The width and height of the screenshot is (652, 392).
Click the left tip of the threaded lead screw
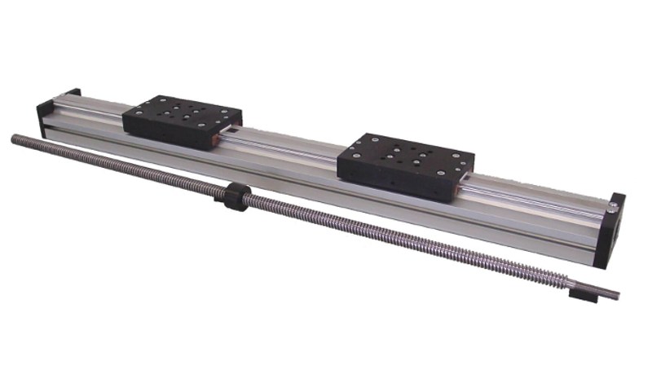15,139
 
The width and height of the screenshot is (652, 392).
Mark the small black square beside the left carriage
236,129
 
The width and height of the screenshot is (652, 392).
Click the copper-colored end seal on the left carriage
217,142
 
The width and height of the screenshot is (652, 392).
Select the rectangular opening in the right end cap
620,232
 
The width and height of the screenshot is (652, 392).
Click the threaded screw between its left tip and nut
122,166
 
